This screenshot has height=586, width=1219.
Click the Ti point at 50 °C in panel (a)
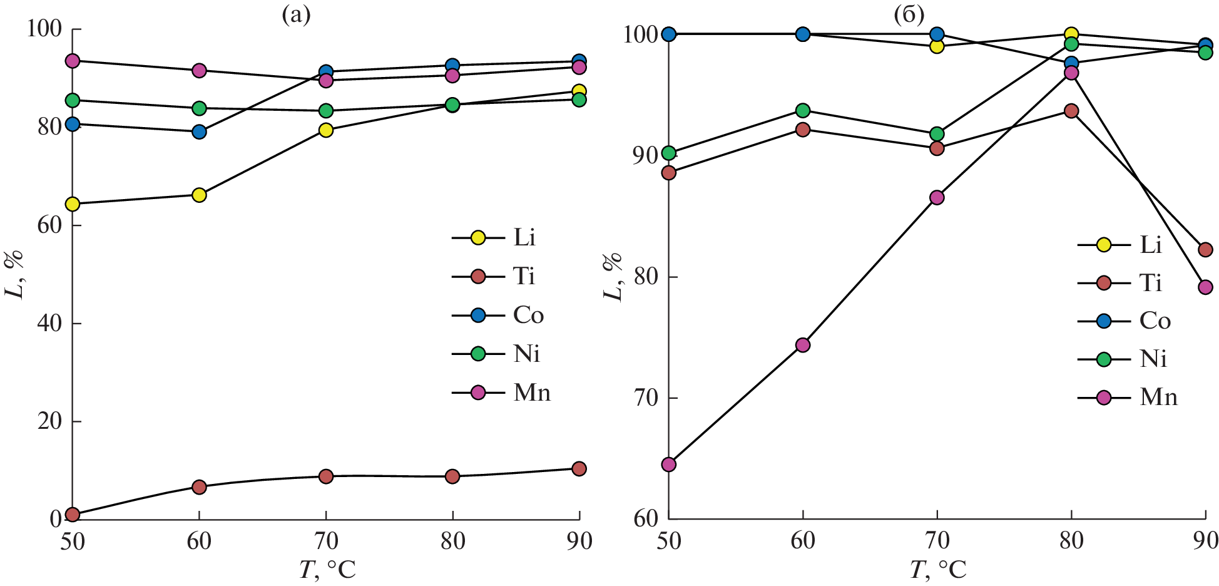pos(73,515)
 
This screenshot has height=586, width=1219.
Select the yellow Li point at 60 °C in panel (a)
pos(199,195)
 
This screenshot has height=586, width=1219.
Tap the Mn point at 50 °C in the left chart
pos(73,61)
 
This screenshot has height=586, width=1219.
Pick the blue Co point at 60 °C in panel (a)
pos(199,131)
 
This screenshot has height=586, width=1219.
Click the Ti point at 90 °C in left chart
pos(579,469)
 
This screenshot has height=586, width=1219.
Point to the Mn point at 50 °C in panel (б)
pos(668,465)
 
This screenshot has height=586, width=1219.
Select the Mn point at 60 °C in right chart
pos(803,345)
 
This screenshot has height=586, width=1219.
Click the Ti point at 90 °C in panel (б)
pos(1205,250)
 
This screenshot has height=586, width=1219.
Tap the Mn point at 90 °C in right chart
pos(1205,287)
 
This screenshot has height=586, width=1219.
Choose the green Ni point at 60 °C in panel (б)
pos(803,111)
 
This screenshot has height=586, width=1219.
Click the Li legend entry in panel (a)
pos(494,237)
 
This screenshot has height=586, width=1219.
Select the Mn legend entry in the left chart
pos(501,393)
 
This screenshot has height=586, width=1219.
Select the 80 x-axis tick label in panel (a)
pos(452,541)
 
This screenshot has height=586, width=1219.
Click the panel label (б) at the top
pos(909,15)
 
